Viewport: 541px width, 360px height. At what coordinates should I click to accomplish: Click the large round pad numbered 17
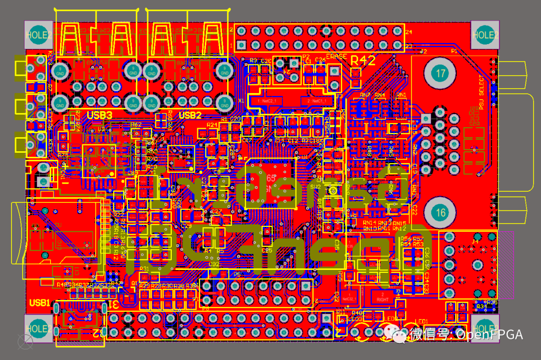point(440,74)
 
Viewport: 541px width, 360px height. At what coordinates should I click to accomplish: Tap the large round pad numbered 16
point(440,213)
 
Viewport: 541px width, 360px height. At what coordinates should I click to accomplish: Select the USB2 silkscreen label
point(190,116)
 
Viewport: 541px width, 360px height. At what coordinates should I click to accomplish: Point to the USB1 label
point(40,303)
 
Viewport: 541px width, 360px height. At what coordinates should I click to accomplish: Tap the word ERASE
point(336,56)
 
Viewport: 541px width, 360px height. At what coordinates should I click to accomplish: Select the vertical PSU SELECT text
point(482,93)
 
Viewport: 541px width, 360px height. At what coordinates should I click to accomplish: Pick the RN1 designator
point(401,94)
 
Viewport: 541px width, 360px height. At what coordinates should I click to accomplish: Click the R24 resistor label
point(212,125)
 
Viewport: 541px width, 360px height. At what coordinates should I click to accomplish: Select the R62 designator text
point(136,124)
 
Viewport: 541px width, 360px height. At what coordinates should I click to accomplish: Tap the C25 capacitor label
point(267,250)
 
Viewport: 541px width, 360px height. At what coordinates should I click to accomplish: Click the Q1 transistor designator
point(134,283)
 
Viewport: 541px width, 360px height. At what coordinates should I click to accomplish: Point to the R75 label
point(63,156)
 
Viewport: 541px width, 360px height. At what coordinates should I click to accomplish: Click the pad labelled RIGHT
point(383,299)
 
